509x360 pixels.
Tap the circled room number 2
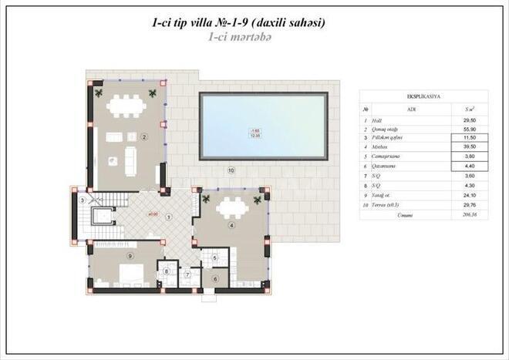click(x=144, y=138)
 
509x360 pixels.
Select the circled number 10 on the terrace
click(x=230, y=170)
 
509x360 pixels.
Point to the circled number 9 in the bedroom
click(x=130, y=256)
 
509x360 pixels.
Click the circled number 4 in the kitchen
click(x=231, y=226)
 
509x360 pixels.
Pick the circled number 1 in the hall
click(x=169, y=217)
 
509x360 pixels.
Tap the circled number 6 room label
click(x=215, y=278)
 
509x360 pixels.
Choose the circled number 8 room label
click(x=167, y=271)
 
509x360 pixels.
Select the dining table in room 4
click(x=231, y=207)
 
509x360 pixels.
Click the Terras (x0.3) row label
click(x=391, y=206)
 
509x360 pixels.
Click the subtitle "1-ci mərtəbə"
click(x=240, y=37)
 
